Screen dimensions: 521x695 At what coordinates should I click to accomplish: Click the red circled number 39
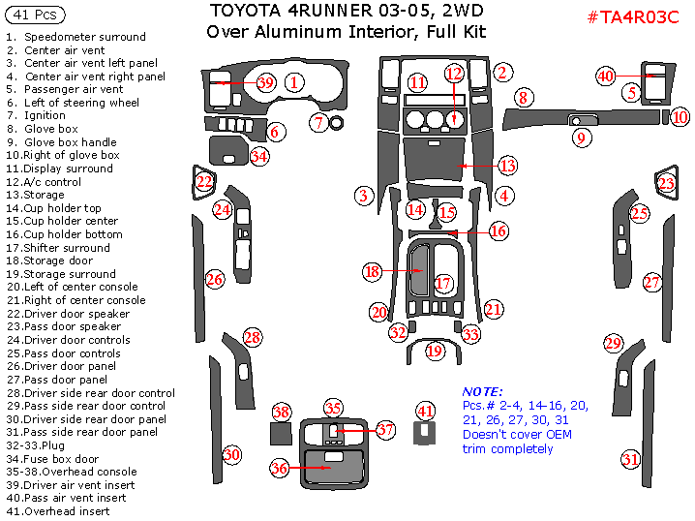266,83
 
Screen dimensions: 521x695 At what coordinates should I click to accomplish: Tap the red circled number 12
454,74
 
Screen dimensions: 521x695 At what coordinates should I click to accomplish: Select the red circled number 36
279,469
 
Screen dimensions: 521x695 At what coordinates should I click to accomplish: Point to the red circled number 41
425,411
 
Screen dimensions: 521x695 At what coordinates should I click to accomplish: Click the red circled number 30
231,454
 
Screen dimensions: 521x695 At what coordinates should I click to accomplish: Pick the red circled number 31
630,459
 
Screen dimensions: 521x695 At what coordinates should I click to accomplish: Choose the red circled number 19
435,351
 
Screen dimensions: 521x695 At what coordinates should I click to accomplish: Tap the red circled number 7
318,123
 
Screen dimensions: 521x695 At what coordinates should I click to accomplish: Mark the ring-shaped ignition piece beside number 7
338,123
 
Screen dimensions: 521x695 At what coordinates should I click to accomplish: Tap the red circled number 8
523,98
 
